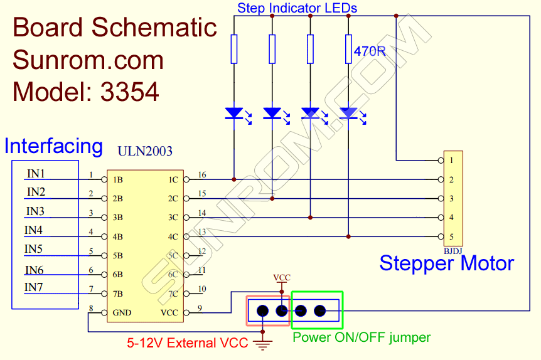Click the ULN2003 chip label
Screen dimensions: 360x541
(145, 152)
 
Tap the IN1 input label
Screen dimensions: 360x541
(36, 174)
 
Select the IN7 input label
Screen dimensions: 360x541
(35, 287)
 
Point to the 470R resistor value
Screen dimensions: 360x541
(369, 51)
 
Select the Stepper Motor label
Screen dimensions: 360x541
(446, 263)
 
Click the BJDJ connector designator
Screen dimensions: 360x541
(453, 251)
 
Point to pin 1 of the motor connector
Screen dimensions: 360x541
(451, 161)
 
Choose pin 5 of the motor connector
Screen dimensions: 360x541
(451, 236)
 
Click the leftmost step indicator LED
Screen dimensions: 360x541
(234, 114)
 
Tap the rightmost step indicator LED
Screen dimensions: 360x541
(348, 114)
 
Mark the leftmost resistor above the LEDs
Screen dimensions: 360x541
(234, 49)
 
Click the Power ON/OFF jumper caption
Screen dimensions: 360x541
(362, 337)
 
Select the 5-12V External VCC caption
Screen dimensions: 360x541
(186, 343)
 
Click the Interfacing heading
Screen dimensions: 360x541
(53, 146)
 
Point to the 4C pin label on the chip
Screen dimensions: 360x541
(173, 237)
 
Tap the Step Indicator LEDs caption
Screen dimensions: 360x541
(297, 8)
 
